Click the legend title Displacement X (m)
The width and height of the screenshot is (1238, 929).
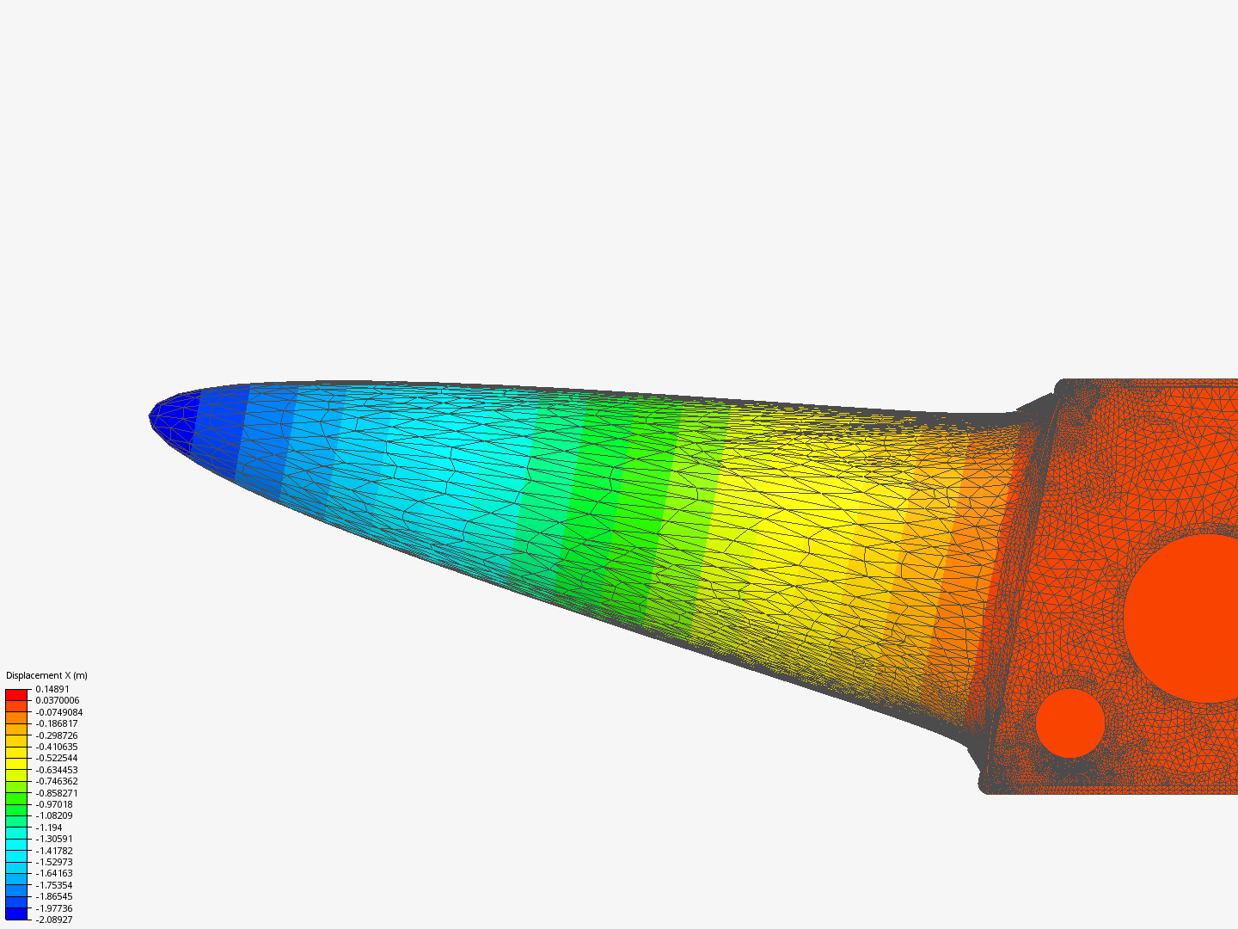coord(46,675)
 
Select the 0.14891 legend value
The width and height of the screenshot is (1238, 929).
coord(52,689)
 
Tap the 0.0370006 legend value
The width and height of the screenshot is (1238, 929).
coord(58,700)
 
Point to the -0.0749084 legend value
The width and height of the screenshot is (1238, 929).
coord(59,712)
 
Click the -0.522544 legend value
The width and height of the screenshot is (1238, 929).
coord(57,758)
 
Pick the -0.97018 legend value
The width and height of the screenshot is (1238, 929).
coord(54,804)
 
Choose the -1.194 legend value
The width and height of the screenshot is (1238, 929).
coord(49,827)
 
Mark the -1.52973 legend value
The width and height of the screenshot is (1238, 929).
coord(54,862)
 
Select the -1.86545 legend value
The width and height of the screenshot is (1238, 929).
coord(54,896)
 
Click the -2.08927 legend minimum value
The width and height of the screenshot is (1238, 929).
coord(54,920)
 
